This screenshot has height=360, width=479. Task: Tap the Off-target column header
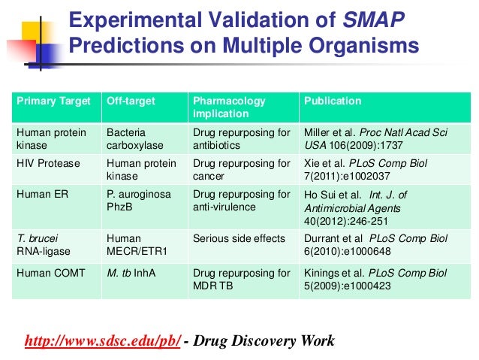125,101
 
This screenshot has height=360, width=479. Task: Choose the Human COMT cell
50,272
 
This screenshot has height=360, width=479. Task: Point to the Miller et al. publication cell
375,138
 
